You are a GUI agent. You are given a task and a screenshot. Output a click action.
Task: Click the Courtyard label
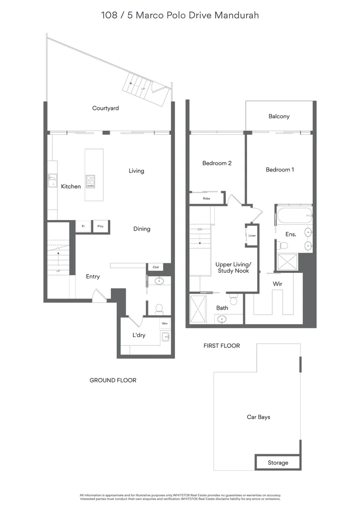pos(106,108)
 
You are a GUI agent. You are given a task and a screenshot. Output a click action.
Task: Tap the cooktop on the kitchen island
pos(90,181)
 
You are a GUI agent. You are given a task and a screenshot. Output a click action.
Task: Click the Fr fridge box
pos(83,227)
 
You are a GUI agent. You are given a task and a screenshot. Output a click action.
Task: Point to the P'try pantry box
pos(100,227)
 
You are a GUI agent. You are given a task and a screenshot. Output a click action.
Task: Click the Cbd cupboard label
pos(155,267)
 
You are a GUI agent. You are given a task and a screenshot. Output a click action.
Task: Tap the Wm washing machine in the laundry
pos(164,324)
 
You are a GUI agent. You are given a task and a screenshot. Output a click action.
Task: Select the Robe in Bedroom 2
pos(206,198)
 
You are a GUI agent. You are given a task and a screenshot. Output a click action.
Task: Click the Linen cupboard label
pos(252,235)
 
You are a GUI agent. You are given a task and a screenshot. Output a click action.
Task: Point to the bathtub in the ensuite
pos(295,216)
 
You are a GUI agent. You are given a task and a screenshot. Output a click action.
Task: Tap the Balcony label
pos(279,116)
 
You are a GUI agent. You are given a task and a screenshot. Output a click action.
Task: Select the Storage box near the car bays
pos(278,463)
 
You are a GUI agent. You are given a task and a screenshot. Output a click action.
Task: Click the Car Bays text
pos(259,417)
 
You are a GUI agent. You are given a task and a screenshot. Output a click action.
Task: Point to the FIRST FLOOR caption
pos(221,346)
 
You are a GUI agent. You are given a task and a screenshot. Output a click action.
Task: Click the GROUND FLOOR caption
pos(113,380)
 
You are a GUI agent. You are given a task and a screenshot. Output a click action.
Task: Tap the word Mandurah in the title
pos(237,15)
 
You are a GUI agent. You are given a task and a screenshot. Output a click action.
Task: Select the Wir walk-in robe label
pos(278,284)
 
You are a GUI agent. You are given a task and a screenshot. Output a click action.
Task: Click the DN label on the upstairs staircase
pos(200,230)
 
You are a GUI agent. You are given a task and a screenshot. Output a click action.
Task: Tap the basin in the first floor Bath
pos(221,319)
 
